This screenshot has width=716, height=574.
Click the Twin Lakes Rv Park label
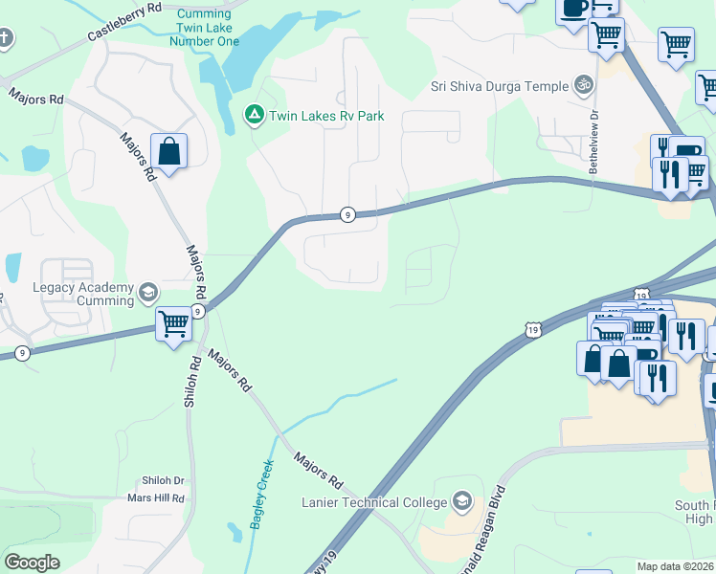tap(326, 116)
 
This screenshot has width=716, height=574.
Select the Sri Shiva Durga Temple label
tap(499, 86)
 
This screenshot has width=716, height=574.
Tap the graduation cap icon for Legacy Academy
tap(148, 292)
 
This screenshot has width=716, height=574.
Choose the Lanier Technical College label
tap(374, 502)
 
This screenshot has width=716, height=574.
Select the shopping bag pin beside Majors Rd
tap(168, 152)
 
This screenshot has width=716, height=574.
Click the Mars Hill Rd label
tap(155, 498)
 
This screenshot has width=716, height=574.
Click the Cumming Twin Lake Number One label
tap(202, 27)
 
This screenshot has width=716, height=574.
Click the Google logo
tap(33, 563)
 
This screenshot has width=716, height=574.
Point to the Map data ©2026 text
tap(675, 566)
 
